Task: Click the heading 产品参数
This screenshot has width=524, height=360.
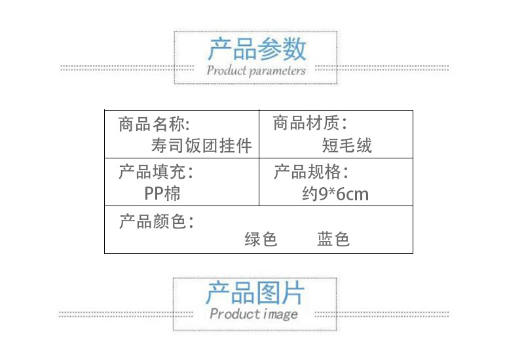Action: coord(256,49)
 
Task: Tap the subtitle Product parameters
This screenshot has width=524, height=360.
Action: coord(256,70)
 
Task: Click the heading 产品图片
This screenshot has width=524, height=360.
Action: coord(255,293)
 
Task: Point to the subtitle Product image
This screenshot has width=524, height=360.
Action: coord(253,314)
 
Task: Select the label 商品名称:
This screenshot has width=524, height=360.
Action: coord(154,124)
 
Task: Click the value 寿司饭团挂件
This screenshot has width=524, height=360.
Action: coord(201,145)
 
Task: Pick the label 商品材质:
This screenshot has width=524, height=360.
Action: coord(310,123)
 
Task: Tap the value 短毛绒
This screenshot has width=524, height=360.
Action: coord(347,145)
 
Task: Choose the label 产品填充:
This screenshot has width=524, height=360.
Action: coord(156,173)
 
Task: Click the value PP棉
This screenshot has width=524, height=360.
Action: coord(162,193)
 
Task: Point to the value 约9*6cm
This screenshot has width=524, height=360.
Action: coord(336,194)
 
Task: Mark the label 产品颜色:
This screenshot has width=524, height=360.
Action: coord(156,221)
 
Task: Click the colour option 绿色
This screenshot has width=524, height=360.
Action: coord(261,240)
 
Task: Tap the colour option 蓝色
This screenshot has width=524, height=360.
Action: coord(333,240)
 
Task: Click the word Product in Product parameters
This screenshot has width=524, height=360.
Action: coord(227,70)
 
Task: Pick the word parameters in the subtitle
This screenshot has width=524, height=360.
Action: coord(278,71)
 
